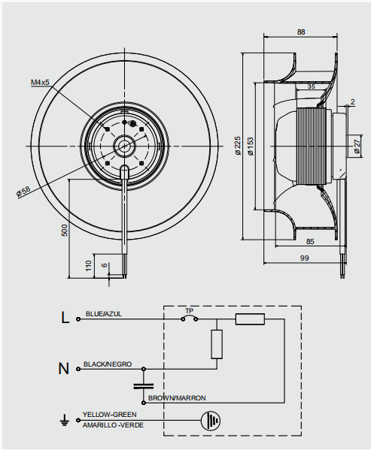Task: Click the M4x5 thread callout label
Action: [40, 83]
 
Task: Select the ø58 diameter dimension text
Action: [23, 192]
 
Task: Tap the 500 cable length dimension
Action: [65, 231]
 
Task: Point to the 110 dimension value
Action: [89, 266]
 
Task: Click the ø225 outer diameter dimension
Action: [239, 146]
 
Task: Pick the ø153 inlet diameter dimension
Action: [251, 146]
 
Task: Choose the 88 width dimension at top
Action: [301, 32]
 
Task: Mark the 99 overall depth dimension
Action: [304, 258]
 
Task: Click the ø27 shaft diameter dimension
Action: [357, 146]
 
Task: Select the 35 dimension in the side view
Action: [312, 86]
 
